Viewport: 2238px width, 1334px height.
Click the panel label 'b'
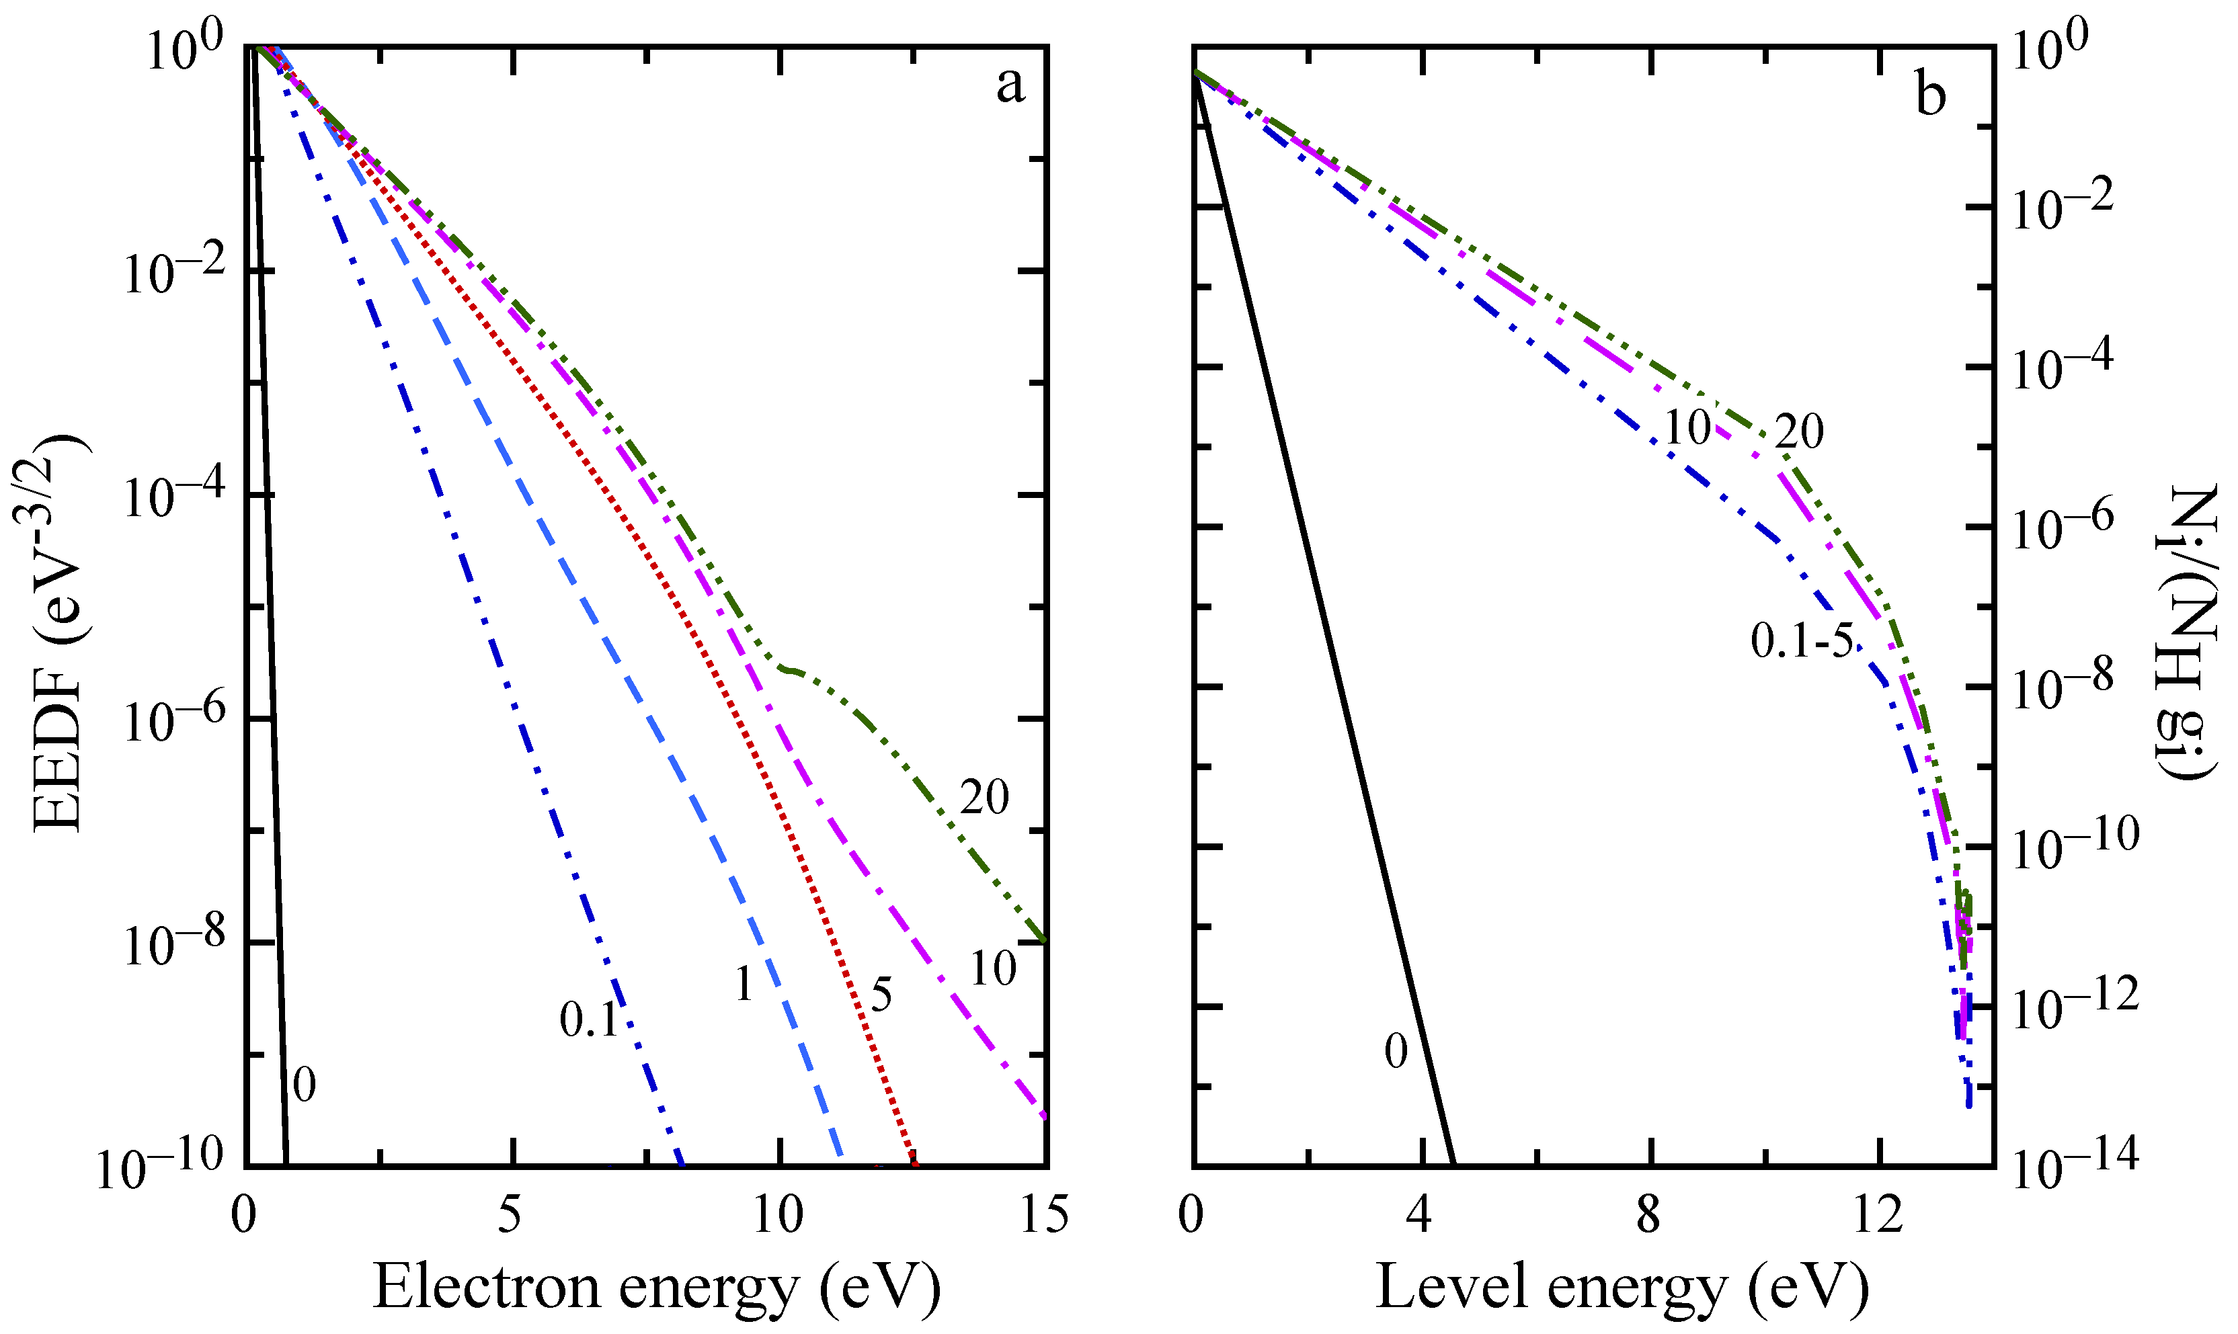[1931, 94]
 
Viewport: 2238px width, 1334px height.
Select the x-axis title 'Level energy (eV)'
[1623, 1287]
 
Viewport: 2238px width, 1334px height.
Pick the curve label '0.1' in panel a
[588, 1019]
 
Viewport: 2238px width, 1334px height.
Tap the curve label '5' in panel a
[881, 995]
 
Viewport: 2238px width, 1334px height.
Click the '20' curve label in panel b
[1799, 432]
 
